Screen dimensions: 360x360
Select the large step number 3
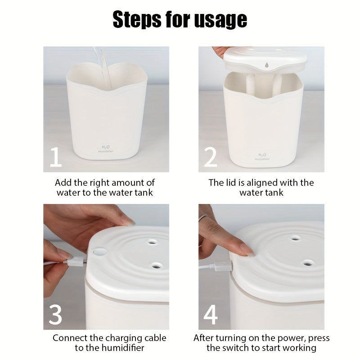coord(55,315)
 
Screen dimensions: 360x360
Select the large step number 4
coord(211,315)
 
